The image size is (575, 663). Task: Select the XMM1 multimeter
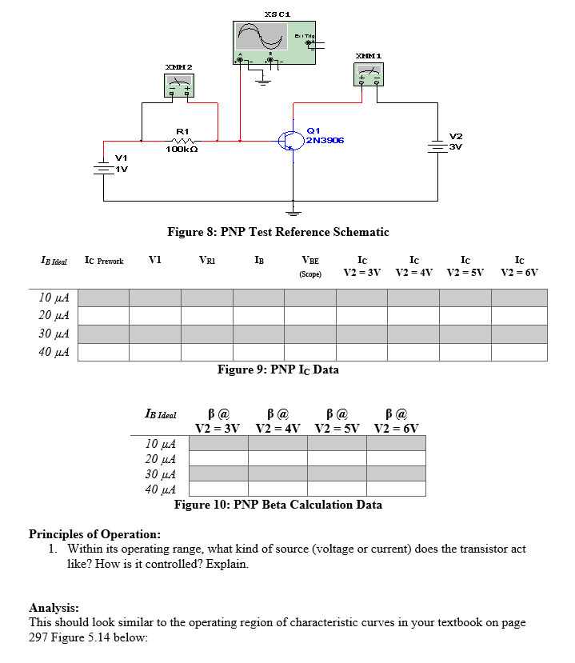pos(368,75)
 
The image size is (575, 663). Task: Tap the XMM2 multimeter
pos(179,86)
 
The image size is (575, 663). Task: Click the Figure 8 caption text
pos(278,232)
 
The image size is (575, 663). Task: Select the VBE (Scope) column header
pos(309,266)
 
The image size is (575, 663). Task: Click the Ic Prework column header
pos(104,261)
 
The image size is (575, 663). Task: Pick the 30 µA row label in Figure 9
pos(53,333)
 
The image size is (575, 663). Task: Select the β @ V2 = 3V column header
pos(218,420)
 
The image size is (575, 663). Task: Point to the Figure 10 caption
pos(278,505)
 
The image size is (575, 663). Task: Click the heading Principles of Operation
pos(94,534)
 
